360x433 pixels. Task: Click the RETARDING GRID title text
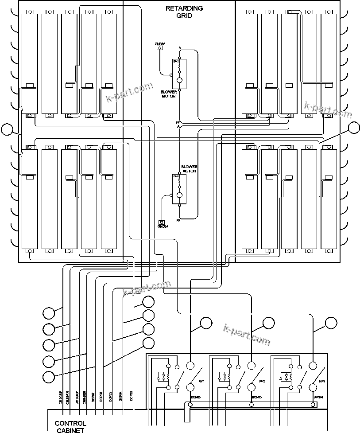pos(184,12)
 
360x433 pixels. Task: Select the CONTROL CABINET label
pos(70,426)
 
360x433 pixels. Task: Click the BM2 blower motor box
pos(179,74)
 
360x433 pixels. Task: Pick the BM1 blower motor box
pos(179,189)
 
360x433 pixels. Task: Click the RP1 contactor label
pos(201,381)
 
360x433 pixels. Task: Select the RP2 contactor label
pos(262,381)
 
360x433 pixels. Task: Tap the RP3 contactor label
pos(322,381)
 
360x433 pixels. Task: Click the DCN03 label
pos(257,397)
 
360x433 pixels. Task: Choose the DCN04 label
pos(319,397)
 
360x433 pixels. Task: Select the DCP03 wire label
pos(131,396)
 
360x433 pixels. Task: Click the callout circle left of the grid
pos(7,129)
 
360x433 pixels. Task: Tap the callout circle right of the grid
pos(354,128)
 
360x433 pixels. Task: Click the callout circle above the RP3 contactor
pos(331,323)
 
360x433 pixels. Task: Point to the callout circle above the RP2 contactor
pos(269,324)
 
